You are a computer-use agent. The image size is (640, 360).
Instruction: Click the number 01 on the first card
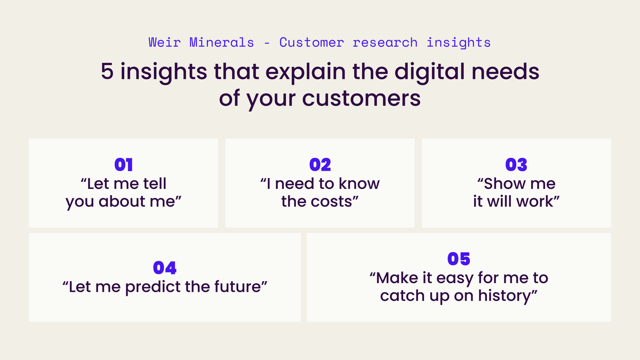click(124, 165)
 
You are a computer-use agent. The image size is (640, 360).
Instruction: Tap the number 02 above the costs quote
click(320, 165)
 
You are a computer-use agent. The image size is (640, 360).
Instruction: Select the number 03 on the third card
click(516, 165)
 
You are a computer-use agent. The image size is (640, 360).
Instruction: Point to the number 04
click(165, 268)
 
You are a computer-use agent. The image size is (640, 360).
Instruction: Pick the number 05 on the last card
click(459, 259)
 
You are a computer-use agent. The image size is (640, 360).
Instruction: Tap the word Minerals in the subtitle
click(220, 43)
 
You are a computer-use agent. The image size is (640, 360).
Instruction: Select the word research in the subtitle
click(386, 43)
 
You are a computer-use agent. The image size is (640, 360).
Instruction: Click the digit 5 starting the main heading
click(107, 73)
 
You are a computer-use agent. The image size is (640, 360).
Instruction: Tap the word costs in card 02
click(334, 203)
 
